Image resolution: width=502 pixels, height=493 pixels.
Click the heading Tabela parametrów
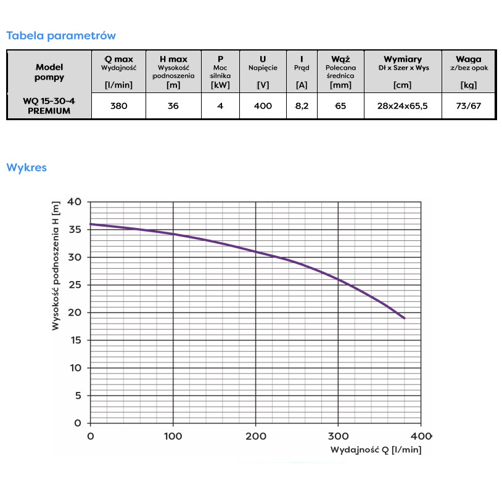click(x=61, y=36)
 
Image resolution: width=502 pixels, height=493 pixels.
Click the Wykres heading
click(x=27, y=168)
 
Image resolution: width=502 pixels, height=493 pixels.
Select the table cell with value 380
click(x=118, y=106)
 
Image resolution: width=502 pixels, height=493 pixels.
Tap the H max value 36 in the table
click(x=173, y=106)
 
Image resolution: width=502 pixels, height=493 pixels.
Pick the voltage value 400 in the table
click(x=263, y=106)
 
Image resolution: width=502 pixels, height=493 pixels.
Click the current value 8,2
click(x=302, y=106)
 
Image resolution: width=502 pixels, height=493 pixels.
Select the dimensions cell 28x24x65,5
click(x=402, y=106)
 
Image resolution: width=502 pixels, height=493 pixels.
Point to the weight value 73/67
click(x=468, y=106)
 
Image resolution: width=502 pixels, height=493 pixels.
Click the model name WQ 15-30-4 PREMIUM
click(x=49, y=106)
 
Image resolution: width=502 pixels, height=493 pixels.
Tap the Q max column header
click(x=118, y=59)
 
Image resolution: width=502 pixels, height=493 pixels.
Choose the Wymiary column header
click(x=402, y=59)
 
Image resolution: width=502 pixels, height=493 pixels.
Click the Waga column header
click(x=468, y=59)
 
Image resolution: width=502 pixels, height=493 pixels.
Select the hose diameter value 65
click(x=340, y=106)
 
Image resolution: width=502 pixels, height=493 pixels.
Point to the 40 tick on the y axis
click(x=75, y=202)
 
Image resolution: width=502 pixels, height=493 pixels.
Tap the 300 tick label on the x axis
click(x=339, y=436)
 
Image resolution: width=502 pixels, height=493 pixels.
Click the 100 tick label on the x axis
click(x=173, y=436)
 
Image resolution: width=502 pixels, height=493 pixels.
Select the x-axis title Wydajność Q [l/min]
click(x=376, y=450)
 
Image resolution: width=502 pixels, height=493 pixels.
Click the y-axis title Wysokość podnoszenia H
click(x=56, y=265)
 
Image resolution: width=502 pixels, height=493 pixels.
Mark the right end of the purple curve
click(x=404, y=318)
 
